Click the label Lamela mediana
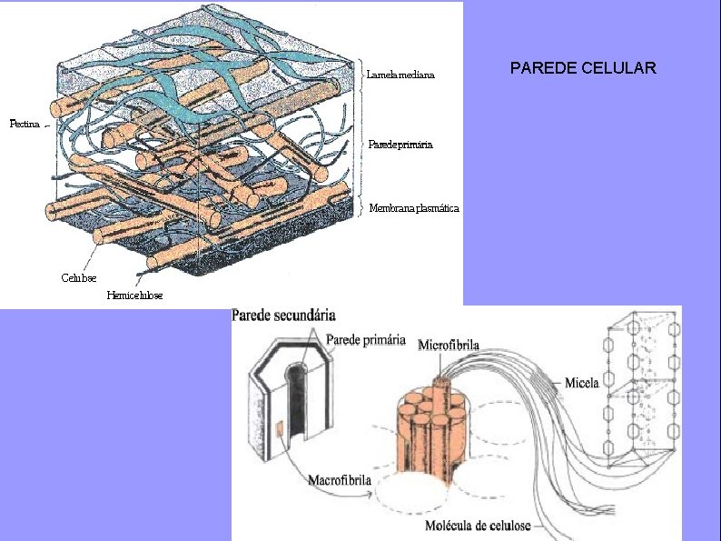click(x=400, y=75)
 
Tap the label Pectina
click(x=25, y=124)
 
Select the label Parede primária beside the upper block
click(x=400, y=145)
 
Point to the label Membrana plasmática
click(x=414, y=208)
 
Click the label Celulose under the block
click(x=79, y=276)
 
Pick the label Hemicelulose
click(x=135, y=295)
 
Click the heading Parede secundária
click(x=284, y=316)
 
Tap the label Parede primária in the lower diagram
click(x=366, y=340)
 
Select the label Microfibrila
click(x=449, y=345)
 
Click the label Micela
click(x=581, y=383)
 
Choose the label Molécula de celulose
click(x=478, y=526)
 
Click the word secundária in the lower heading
click(x=305, y=316)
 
